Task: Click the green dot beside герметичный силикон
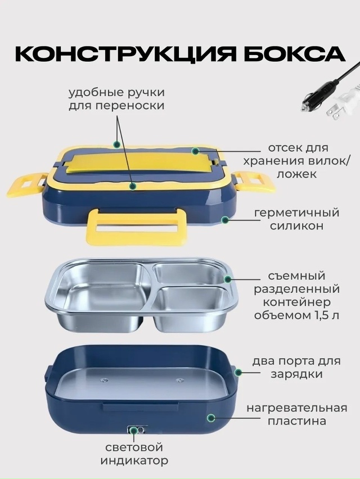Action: (x=225, y=219)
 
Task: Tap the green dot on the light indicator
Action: (x=134, y=431)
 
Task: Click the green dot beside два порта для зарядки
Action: (x=238, y=372)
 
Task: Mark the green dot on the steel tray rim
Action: (x=228, y=279)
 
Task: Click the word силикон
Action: (x=296, y=226)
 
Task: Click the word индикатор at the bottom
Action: (x=134, y=460)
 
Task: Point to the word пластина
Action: (x=297, y=421)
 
